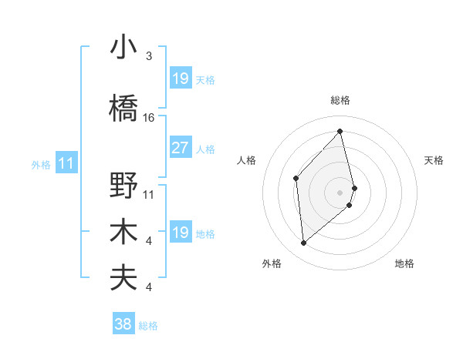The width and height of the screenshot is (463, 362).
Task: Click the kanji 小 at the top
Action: (x=123, y=48)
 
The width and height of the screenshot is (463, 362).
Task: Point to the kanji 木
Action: (x=123, y=232)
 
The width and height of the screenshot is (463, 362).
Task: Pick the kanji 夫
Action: (x=123, y=277)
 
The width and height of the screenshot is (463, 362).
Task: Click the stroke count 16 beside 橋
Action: (x=149, y=118)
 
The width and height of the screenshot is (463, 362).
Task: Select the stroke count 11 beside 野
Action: (x=149, y=194)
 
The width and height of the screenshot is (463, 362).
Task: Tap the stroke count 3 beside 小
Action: (x=149, y=56)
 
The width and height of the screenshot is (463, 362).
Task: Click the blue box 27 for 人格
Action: (x=180, y=148)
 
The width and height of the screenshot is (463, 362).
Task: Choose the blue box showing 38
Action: (x=123, y=324)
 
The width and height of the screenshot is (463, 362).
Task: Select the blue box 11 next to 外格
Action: (x=66, y=163)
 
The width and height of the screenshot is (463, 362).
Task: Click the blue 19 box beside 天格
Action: (x=180, y=79)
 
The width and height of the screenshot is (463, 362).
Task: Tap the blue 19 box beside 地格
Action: (x=180, y=233)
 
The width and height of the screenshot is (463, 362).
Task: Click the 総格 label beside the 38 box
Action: (x=148, y=326)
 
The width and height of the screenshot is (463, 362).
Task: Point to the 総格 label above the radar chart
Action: (x=340, y=100)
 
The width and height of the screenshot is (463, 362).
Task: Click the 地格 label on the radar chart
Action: (x=404, y=263)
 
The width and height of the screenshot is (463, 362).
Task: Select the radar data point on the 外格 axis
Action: (x=304, y=243)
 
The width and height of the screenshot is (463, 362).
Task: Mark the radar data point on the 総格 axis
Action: (x=340, y=132)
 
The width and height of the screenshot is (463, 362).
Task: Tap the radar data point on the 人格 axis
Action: (x=296, y=178)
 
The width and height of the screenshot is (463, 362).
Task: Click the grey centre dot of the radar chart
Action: (x=340, y=191)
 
